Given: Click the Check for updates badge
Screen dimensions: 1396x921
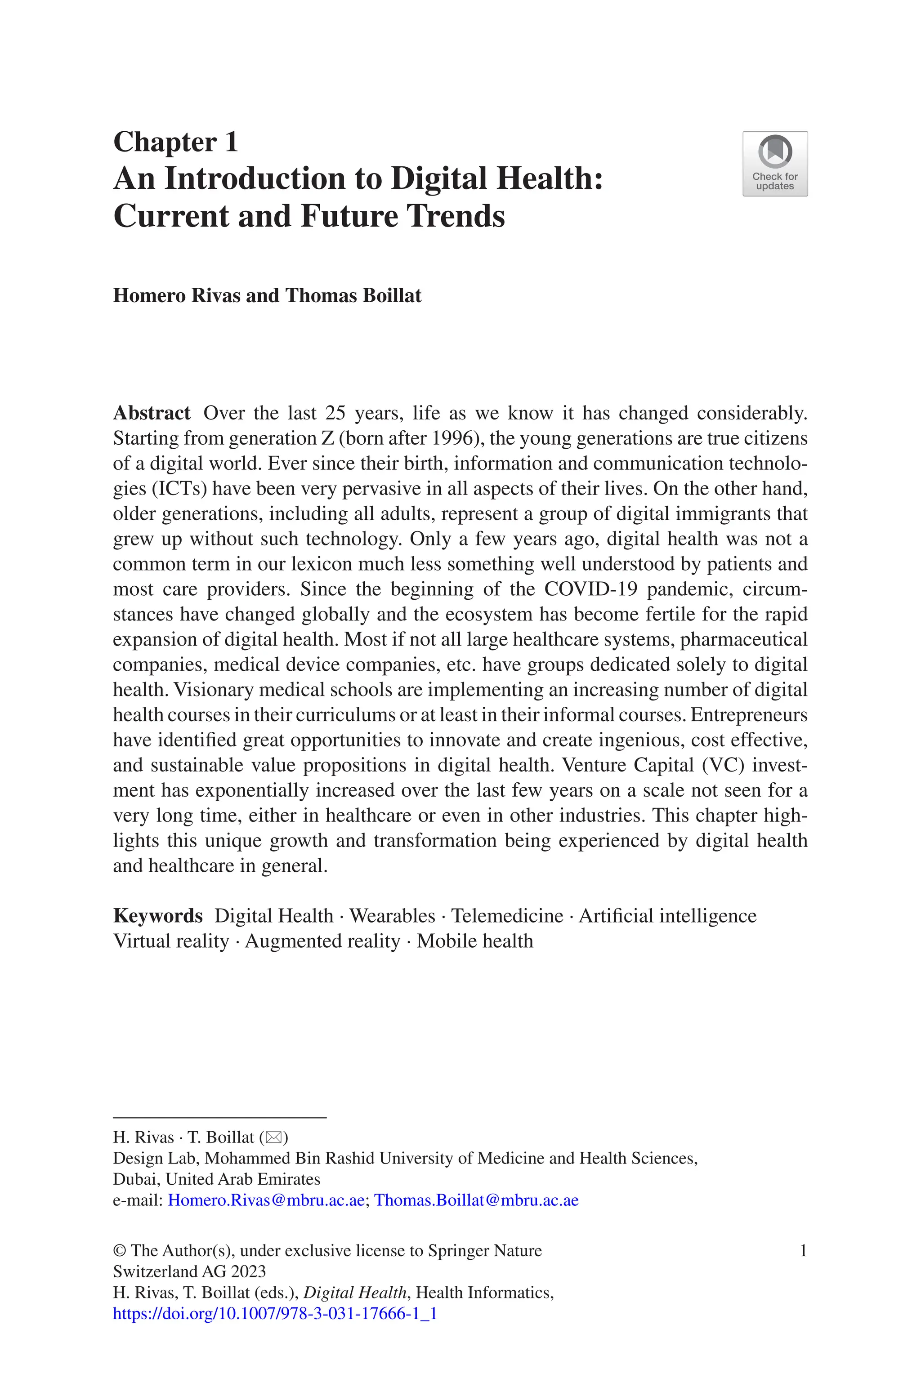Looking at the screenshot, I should [x=775, y=164].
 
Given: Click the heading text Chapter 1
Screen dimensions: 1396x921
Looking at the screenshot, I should [x=176, y=142].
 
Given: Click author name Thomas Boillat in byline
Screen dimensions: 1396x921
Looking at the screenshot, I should [x=353, y=295].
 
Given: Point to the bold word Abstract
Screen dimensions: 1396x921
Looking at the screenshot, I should [x=152, y=413].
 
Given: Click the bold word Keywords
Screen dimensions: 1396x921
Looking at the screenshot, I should [x=157, y=916].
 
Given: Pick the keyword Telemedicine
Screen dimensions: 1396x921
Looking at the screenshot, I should [x=507, y=916].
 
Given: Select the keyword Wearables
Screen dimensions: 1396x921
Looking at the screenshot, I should [x=392, y=916].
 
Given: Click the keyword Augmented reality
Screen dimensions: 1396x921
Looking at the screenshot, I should [x=322, y=941].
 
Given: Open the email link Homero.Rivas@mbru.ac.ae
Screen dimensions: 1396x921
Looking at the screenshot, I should [x=265, y=1200].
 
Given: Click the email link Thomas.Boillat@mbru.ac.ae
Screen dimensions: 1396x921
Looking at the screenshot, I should [x=476, y=1200].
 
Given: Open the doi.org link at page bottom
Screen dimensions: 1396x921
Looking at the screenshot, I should [x=274, y=1313].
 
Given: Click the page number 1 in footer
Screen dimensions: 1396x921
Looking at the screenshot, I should [x=803, y=1250].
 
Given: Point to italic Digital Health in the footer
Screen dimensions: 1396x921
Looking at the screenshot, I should [x=355, y=1292].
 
